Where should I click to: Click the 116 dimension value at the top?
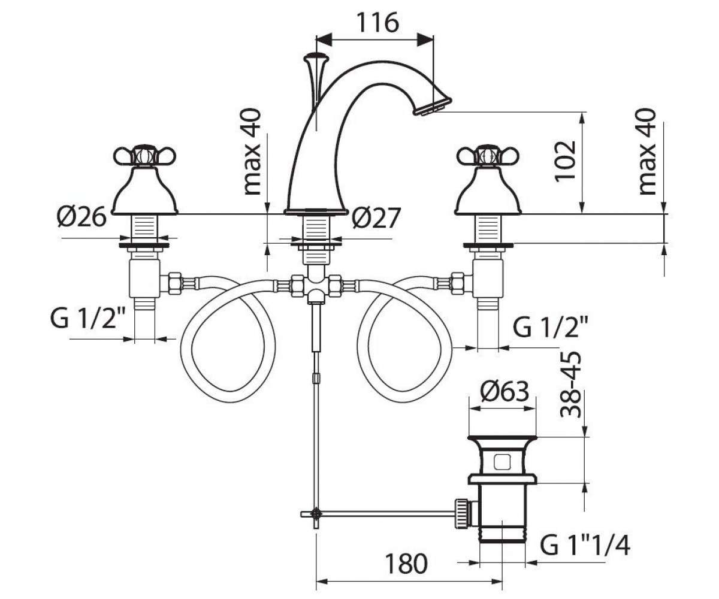[377, 23]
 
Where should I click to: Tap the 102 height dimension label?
[565, 160]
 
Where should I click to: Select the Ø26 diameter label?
[81, 217]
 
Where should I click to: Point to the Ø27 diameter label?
[376, 217]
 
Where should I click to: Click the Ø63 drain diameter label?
[505, 391]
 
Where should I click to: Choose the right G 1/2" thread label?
[550, 328]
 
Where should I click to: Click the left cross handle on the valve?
[144, 156]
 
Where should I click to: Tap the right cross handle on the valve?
[488, 156]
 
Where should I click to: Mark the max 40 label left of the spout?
[252, 152]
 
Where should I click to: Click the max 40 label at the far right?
[647, 152]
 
